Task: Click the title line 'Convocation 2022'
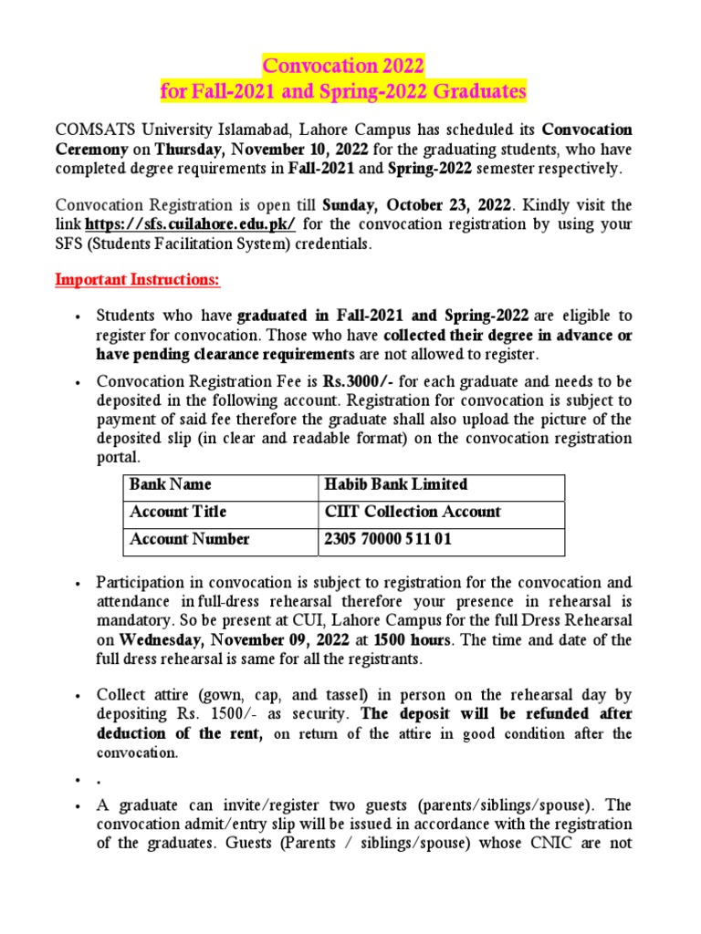343,67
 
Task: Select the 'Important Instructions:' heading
138,279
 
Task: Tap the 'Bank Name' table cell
170,484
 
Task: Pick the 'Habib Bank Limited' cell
396,484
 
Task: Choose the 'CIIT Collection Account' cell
413,512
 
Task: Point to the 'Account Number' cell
190,540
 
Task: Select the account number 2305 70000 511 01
387,540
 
